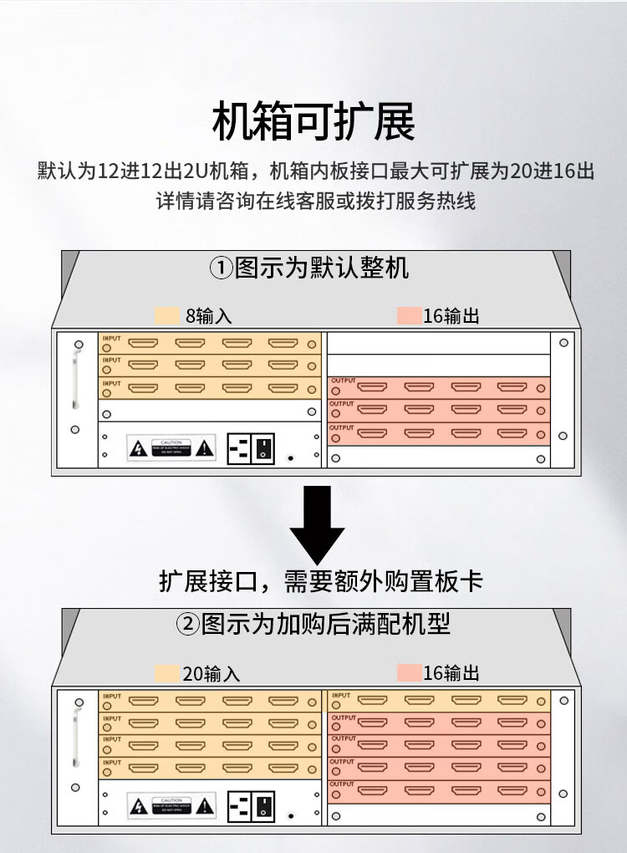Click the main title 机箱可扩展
click(x=313, y=123)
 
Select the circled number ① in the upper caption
click(x=221, y=269)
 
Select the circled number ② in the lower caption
click(x=187, y=624)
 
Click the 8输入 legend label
click(x=208, y=316)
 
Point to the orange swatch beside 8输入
click(x=167, y=316)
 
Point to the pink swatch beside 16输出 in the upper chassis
click(x=410, y=316)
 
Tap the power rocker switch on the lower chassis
click(x=263, y=807)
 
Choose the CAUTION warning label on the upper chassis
click(x=171, y=447)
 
